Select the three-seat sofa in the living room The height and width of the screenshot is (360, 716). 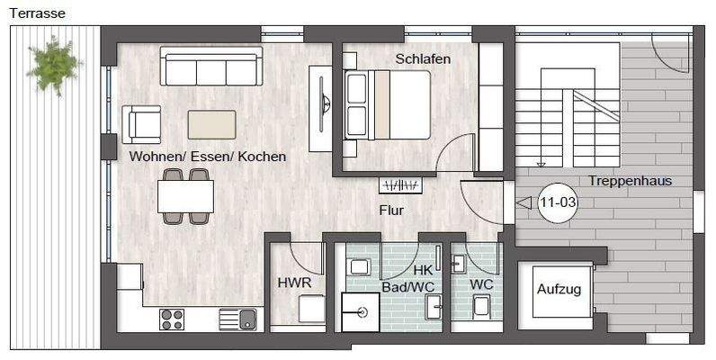tap(210, 67)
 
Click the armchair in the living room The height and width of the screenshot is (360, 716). tap(141, 123)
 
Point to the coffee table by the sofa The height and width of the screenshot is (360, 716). tap(211, 124)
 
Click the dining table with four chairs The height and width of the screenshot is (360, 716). tap(185, 196)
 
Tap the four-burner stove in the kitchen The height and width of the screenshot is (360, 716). tap(172, 319)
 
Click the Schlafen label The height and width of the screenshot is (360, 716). tap(423, 59)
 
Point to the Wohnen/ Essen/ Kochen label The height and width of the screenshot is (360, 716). tap(208, 157)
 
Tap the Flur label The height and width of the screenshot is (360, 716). tap(390, 211)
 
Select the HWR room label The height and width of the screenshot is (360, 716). tap(294, 283)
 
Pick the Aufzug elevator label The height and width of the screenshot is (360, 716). tap(559, 290)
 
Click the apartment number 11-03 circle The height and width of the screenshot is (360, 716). tap(558, 203)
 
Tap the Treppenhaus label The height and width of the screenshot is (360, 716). tap(631, 181)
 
